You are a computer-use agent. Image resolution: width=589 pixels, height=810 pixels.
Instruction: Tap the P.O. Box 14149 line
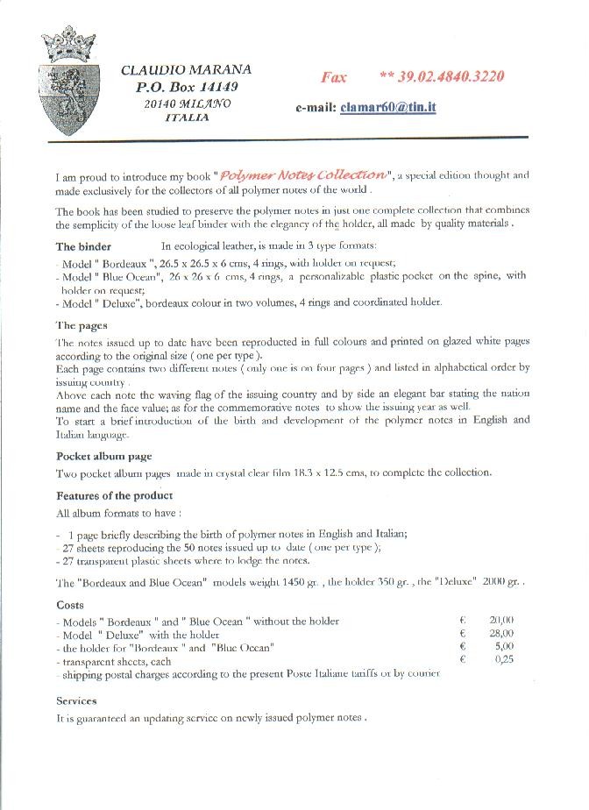point(187,87)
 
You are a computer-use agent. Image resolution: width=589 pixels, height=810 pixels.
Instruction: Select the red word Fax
point(334,77)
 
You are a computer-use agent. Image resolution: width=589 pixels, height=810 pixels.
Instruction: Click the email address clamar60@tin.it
point(389,107)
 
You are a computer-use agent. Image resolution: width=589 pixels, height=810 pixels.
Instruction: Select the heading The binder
point(84,246)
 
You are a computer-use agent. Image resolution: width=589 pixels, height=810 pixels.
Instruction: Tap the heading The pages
point(82,325)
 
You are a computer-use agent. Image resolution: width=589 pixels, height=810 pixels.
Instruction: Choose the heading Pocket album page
point(104,457)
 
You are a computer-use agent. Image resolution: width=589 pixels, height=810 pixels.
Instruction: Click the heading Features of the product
point(114,496)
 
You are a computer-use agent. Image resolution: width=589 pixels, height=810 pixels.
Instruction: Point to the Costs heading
point(70,605)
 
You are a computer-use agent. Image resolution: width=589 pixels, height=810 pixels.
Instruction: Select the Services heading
point(76,701)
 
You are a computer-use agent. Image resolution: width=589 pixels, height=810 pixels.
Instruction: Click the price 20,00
point(501,621)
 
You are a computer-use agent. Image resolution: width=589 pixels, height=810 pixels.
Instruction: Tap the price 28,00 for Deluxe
point(501,634)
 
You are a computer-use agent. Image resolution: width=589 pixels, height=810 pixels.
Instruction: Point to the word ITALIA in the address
point(187,117)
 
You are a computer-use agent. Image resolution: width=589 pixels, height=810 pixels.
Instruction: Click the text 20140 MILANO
point(188,103)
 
